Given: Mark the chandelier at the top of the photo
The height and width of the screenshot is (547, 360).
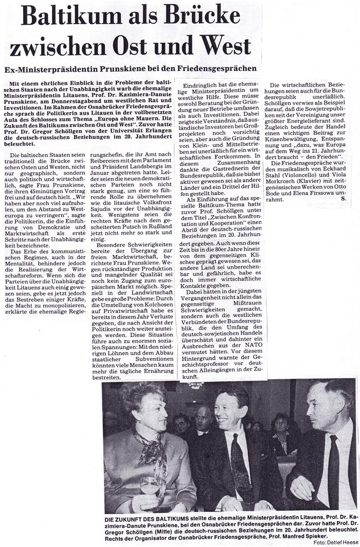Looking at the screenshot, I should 196,384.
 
